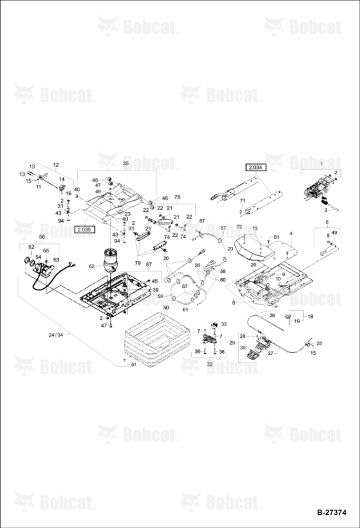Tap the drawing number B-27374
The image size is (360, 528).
[331, 513]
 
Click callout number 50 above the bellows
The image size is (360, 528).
[166, 308]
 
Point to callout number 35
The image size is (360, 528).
[126, 163]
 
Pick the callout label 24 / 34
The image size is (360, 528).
[55, 335]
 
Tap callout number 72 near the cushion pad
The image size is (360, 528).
[239, 227]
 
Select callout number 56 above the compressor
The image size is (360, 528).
[42, 237]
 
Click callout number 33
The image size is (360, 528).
[224, 324]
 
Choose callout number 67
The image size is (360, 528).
[202, 221]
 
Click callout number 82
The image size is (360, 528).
[31, 247]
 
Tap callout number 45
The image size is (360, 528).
[155, 281]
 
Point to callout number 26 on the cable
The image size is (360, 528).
[272, 316]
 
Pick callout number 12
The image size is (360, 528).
[56, 165]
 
